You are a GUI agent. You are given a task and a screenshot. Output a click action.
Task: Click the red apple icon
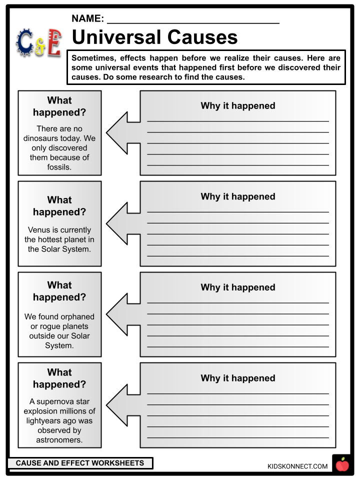pos(342,464)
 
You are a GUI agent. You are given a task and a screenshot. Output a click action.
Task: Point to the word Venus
pos(39,230)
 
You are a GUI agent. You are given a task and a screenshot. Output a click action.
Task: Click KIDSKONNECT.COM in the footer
pos(297,466)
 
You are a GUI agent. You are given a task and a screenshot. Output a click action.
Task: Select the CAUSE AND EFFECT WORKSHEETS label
pos(80,463)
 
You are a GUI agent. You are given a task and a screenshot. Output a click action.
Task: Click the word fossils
pos(58,167)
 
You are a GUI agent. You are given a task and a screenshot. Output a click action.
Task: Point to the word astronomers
pos(59,440)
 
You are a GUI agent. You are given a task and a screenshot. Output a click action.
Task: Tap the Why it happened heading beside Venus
pos(238,196)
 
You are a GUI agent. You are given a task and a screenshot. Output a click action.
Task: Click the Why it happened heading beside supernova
pos(238,378)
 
